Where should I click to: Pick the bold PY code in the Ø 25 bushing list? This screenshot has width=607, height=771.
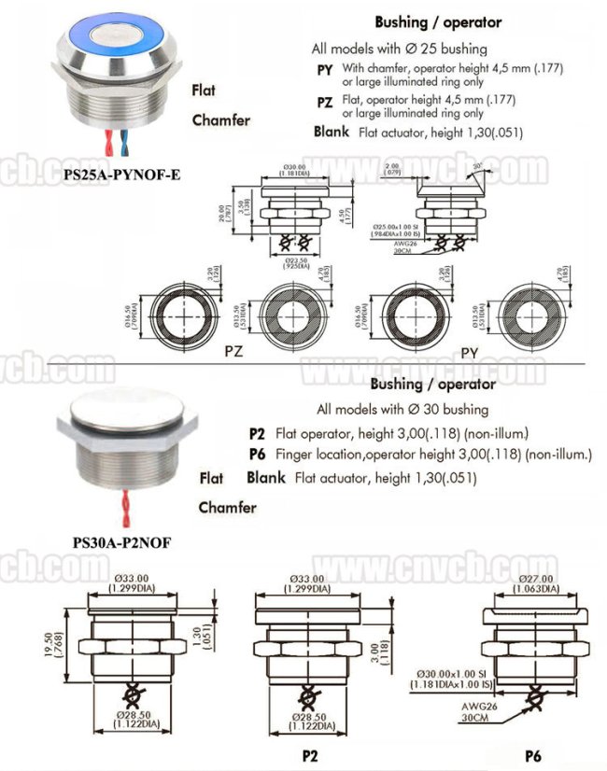(x=325, y=69)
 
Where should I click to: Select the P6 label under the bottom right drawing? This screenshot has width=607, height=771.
(x=534, y=752)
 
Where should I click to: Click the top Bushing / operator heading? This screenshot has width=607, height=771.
(x=437, y=21)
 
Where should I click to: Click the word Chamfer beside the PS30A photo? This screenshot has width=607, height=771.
(x=227, y=508)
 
